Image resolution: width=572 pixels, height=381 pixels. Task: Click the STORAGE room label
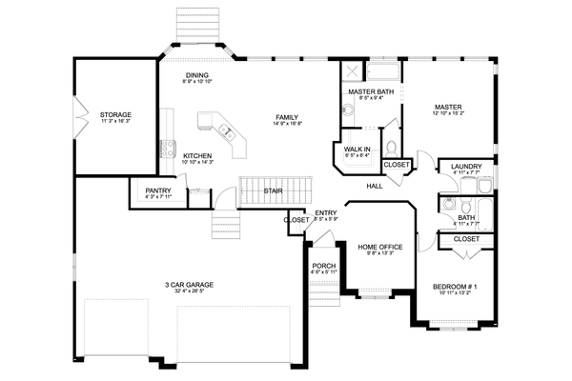(115, 114)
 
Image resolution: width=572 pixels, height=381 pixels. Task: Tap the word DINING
(196, 75)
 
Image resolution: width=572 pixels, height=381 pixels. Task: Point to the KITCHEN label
(196, 156)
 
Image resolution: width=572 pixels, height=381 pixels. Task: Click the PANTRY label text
(158, 190)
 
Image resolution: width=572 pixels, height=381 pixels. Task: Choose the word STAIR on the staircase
(273, 190)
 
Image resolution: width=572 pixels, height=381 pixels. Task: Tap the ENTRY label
(326, 213)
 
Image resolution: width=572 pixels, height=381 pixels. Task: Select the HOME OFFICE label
(379, 247)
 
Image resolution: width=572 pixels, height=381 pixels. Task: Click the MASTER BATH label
(371, 90)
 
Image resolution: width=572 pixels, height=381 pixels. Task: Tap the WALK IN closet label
(356, 150)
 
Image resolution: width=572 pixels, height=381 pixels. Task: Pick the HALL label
(374, 185)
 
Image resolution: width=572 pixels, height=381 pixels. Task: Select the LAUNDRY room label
(466, 166)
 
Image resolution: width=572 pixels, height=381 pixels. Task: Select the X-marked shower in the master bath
(351, 71)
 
